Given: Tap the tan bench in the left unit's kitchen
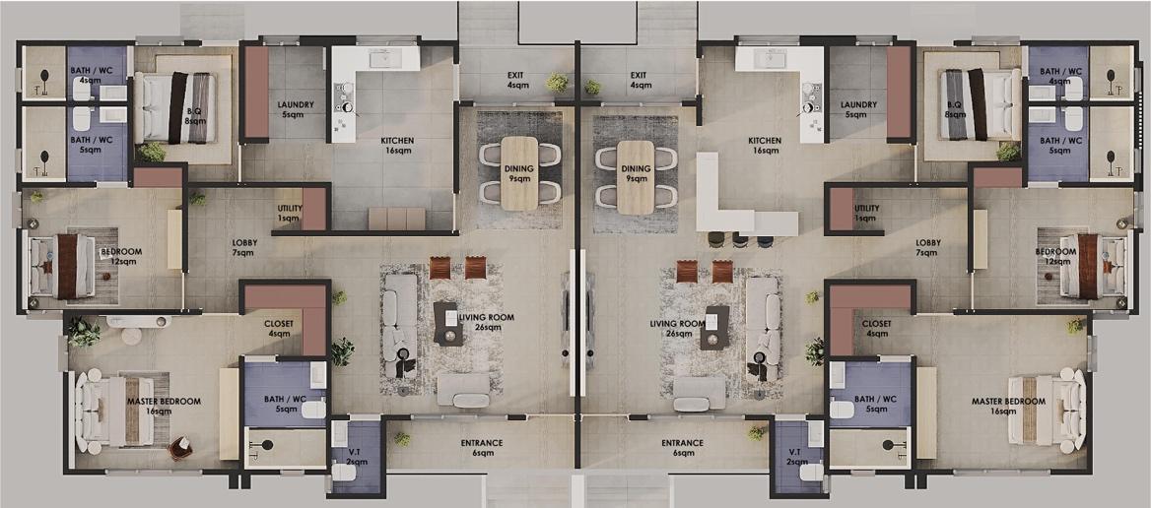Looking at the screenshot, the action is [396, 219].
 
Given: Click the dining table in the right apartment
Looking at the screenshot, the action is [635, 176].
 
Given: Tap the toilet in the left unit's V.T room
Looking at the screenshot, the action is [344, 471].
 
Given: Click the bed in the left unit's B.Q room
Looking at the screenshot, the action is [176, 107].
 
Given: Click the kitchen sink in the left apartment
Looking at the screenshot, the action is [382, 58].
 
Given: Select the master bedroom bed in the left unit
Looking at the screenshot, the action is [116, 412].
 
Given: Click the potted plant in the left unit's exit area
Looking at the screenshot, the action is [557, 83].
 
